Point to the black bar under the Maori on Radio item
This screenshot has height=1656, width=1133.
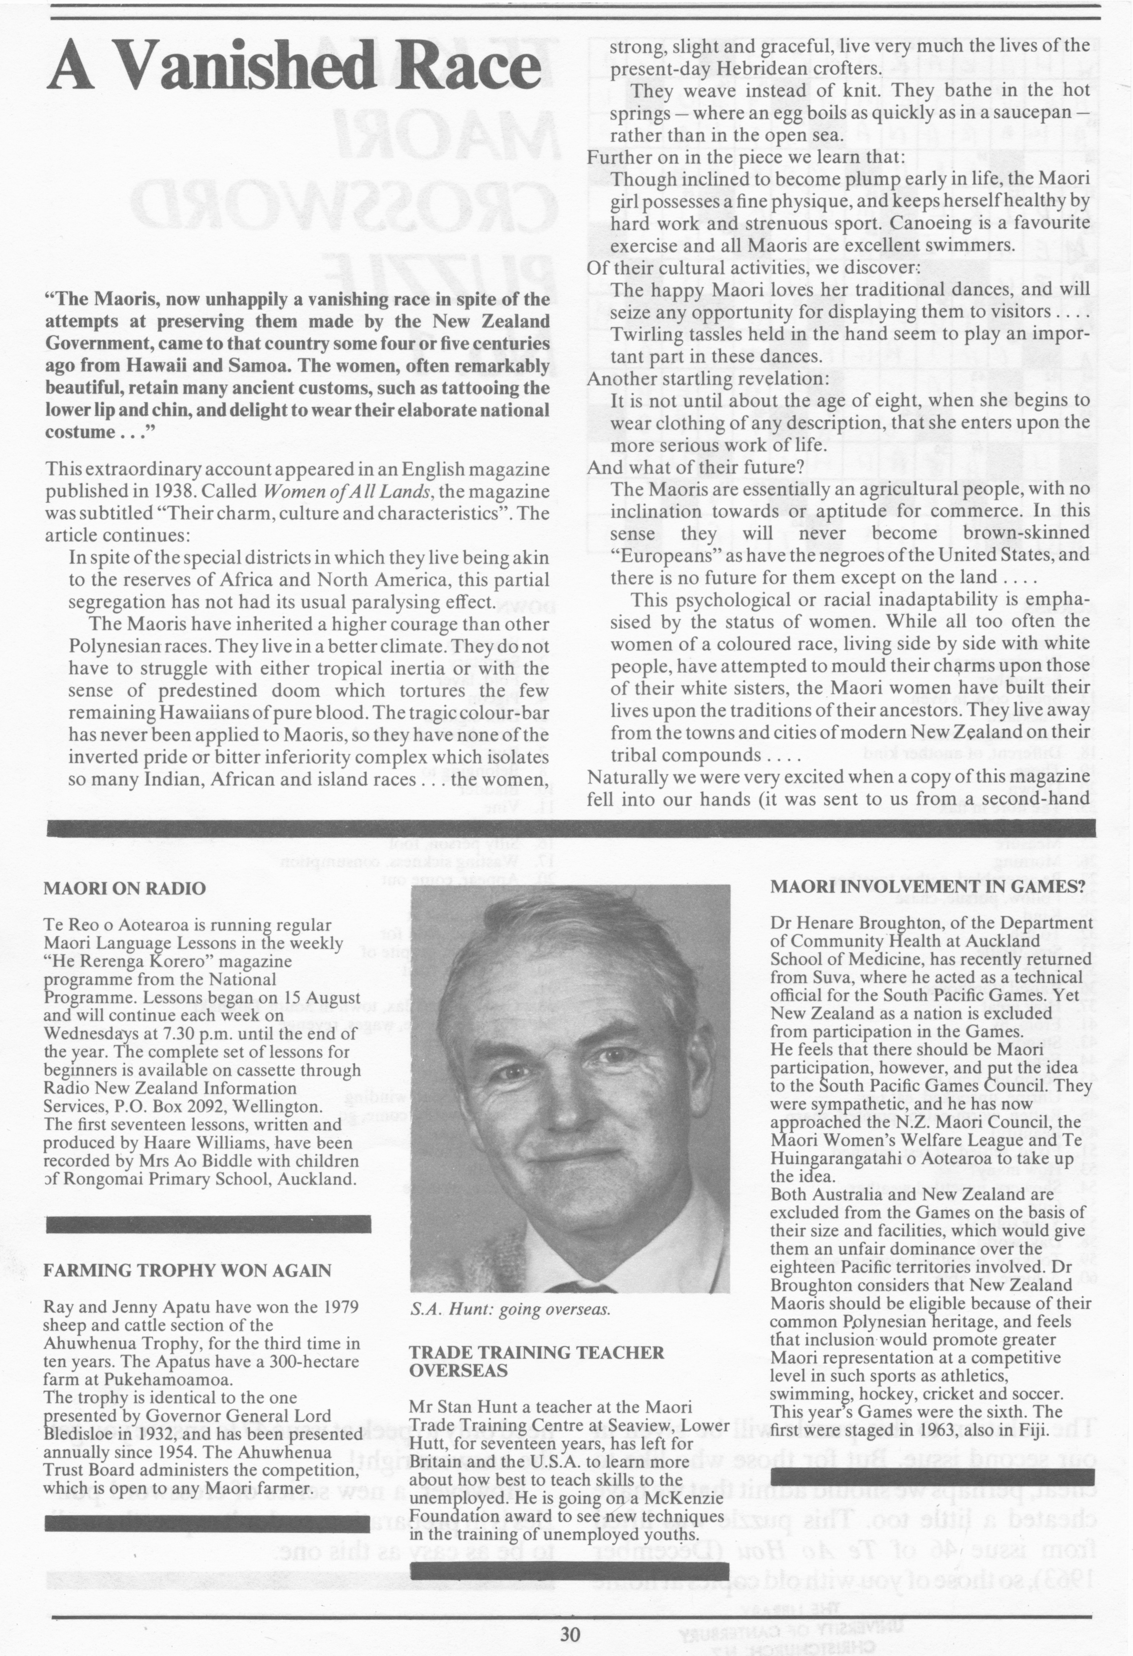[x=208, y=1224]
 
